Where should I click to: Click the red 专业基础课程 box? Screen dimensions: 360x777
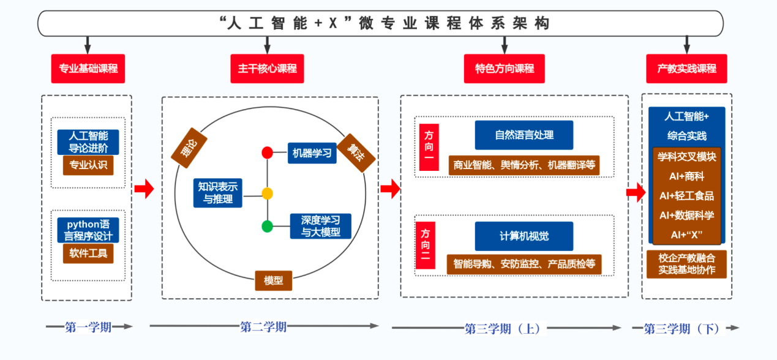88,69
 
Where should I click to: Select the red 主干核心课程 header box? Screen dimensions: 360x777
267,69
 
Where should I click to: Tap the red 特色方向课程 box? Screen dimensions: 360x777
505,69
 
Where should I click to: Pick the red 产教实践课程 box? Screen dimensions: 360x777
686,69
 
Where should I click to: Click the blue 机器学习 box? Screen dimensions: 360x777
312,153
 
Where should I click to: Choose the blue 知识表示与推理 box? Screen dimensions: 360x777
217,192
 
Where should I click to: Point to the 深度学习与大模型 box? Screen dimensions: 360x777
321,226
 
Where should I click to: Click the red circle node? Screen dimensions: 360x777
267,153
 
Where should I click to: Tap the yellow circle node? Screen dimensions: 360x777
267,193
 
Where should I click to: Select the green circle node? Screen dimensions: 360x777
267,227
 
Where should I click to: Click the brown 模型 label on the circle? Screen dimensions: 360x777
273,280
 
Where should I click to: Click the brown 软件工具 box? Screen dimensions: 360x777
88,253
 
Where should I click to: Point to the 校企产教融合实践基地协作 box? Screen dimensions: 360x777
686,263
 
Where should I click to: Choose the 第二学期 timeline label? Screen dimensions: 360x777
263,327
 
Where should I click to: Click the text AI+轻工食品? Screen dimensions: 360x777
686,196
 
